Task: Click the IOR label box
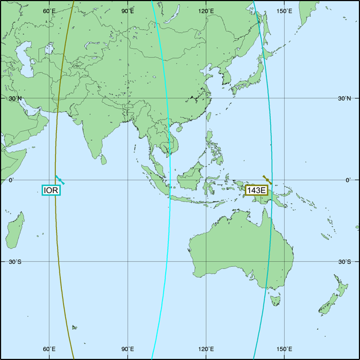coord(52,190)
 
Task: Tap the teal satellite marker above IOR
coord(60,179)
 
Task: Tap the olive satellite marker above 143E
coord(266,179)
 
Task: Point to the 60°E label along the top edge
coord(50,11)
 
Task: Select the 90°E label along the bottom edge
coord(128,349)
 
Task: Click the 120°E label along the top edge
coord(206,11)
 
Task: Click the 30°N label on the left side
coord(15,98)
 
